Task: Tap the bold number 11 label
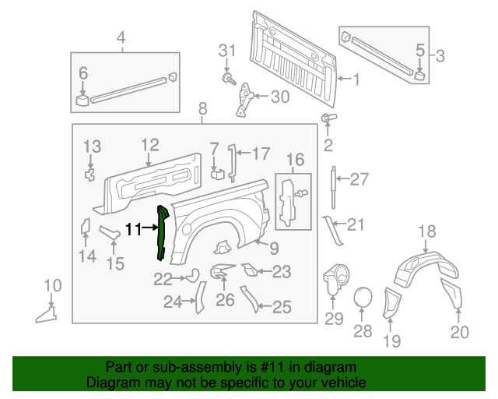pyautogui.click(x=134, y=229)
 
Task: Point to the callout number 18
pyautogui.click(x=428, y=231)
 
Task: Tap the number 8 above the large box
pyautogui.click(x=202, y=109)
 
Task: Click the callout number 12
pyautogui.click(x=149, y=144)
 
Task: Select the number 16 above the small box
pyautogui.click(x=294, y=161)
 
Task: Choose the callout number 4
pyautogui.click(x=121, y=37)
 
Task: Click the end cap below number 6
pyautogui.click(x=82, y=98)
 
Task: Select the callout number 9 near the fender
pyautogui.click(x=273, y=249)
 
